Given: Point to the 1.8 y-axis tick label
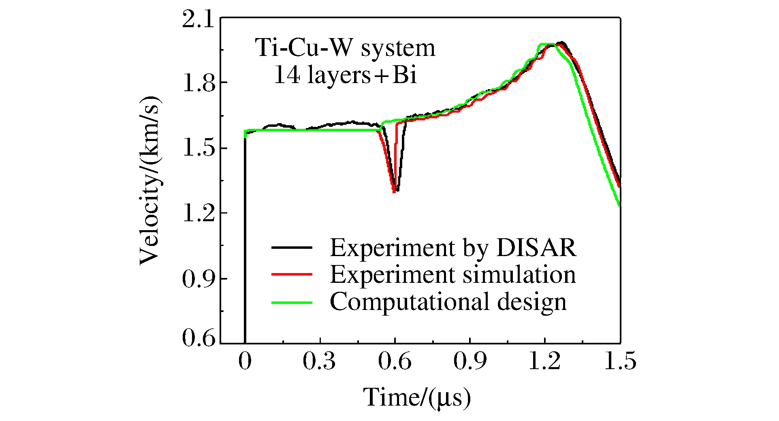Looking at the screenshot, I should pos(198,84).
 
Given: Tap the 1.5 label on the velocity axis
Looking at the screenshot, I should pos(198,149).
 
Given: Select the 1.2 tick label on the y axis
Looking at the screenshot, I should pos(198,214).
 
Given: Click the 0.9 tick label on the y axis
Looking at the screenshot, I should pos(198,279).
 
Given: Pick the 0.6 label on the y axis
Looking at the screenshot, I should pos(198,338).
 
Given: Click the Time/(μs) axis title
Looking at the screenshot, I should pos(417,397).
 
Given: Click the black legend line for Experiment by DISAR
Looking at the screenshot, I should pos(292,247).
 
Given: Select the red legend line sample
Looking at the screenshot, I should pos(292,275).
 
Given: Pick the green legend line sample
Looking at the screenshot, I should pos(292,302).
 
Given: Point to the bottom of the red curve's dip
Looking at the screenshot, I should pos(394,191).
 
